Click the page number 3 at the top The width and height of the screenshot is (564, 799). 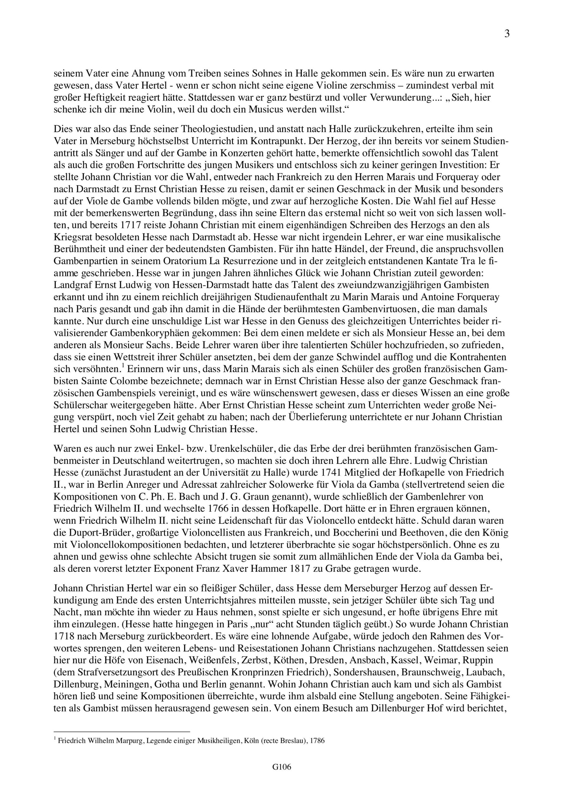pos(507,34)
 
